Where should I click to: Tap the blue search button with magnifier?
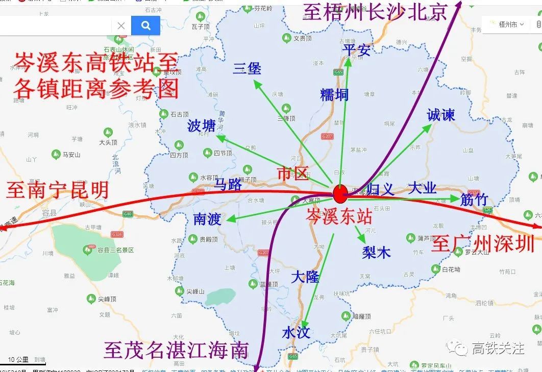(x=145, y=26)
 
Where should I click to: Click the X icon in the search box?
(x=121, y=26)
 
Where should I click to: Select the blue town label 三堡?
(x=247, y=68)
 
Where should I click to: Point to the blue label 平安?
(x=356, y=50)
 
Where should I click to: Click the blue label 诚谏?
(x=440, y=115)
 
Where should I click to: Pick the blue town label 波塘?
(x=202, y=126)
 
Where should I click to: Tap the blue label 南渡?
(x=207, y=219)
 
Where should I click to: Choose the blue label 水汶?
(x=296, y=333)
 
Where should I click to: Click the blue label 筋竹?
(x=474, y=200)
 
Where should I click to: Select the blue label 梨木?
(x=376, y=252)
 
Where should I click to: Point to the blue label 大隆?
(x=305, y=277)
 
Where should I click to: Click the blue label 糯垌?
(x=334, y=94)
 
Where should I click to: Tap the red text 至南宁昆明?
(x=58, y=190)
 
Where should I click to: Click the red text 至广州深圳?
(x=483, y=244)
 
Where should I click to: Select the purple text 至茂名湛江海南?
(x=176, y=351)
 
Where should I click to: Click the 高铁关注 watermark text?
(x=498, y=348)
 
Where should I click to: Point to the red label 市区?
(x=293, y=173)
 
